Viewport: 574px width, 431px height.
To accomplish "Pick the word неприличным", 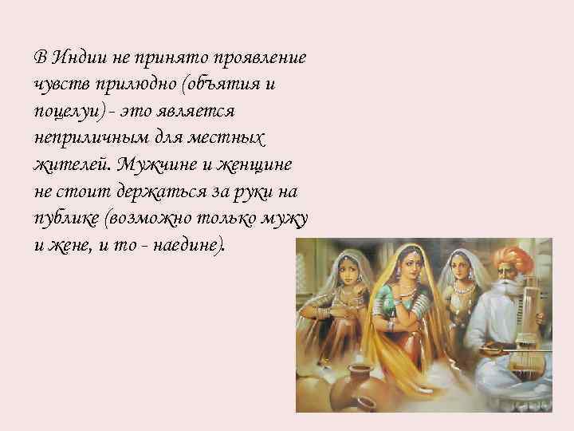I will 92,137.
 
